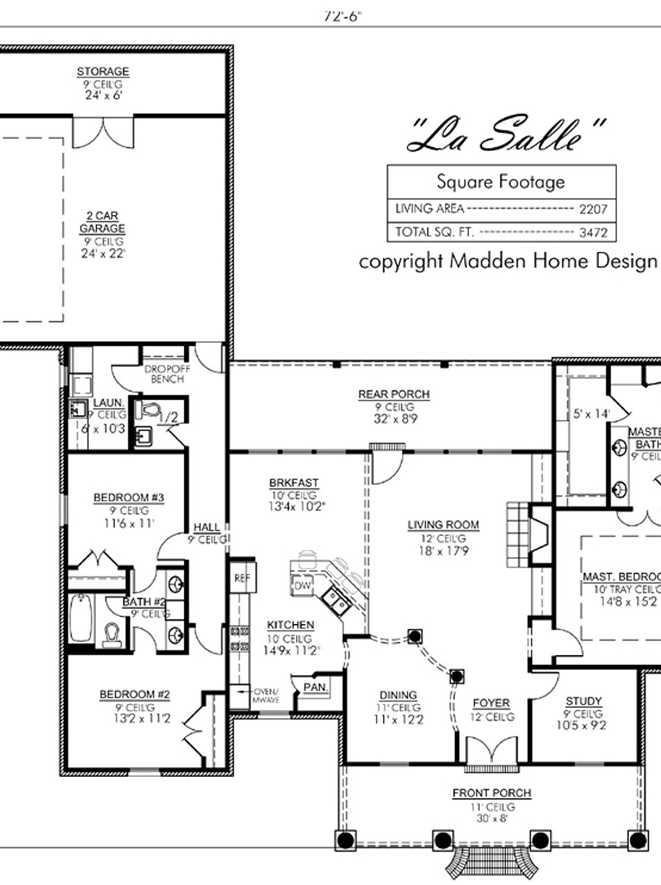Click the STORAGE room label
(x=103, y=72)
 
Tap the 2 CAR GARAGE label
(x=103, y=222)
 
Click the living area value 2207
(x=592, y=209)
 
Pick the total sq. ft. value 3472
(x=593, y=233)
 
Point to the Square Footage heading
(x=501, y=182)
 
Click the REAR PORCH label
(x=394, y=395)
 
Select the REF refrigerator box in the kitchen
(x=241, y=579)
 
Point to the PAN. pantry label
(x=317, y=687)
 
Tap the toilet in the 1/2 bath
(x=148, y=410)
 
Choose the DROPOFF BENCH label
(x=164, y=374)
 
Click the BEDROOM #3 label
(x=120, y=497)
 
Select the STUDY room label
(x=583, y=702)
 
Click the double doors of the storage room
(x=104, y=132)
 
